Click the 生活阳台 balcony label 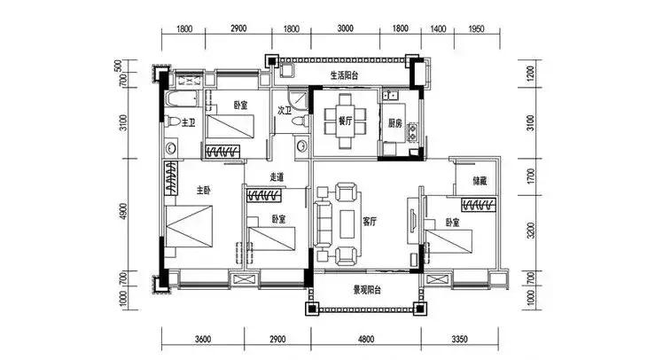(x=344, y=75)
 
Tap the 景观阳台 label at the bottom (x=367, y=290)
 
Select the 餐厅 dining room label (x=346, y=121)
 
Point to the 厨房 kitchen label (x=395, y=123)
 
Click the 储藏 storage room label (x=480, y=181)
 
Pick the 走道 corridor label (x=277, y=177)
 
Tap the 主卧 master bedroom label (x=203, y=191)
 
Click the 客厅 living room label (x=370, y=222)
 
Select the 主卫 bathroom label (x=188, y=122)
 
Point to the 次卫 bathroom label (x=285, y=111)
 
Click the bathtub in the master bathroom (x=181, y=99)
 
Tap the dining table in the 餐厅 (x=345, y=121)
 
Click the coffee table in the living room (x=348, y=224)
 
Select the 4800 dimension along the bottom (x=366, y=339)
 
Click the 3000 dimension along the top (x=345, y=28)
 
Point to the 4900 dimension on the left (x=123, y=212)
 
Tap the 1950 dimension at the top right (x=476, y=28)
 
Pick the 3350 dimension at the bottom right (x=459, y=339)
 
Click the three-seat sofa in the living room (x=324, y=223)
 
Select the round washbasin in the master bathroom (x=171, y=148)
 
